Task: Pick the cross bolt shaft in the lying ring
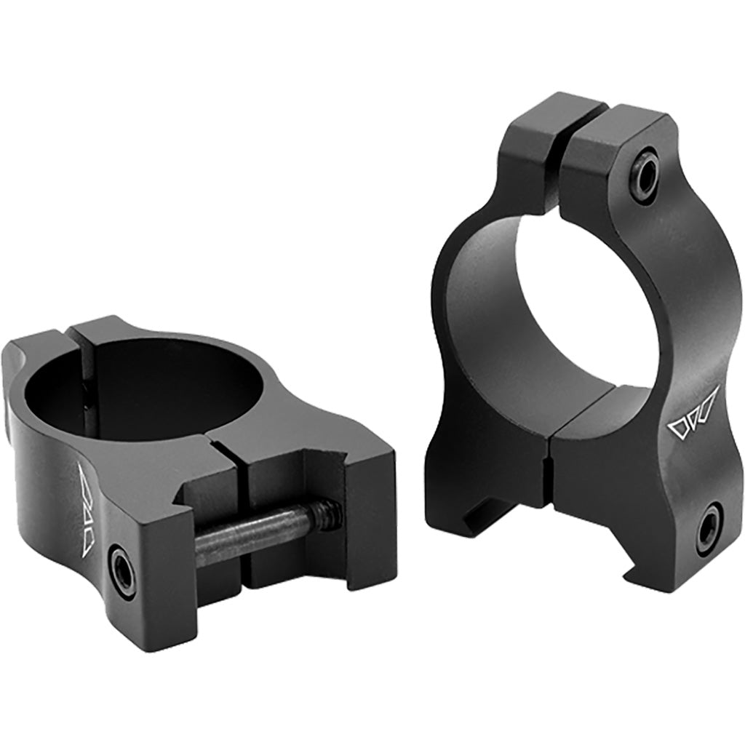[x=255, y=531]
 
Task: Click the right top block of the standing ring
[x=604, y=156]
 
